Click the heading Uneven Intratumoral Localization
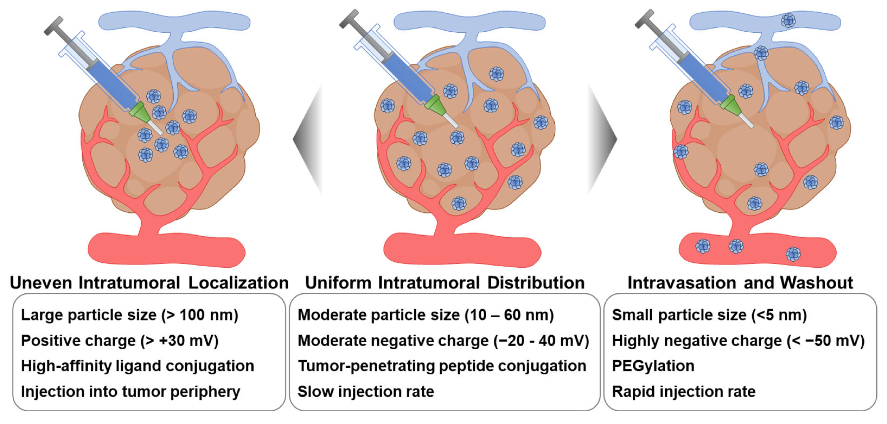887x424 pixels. click(149, 283)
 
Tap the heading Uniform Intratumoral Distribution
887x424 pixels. click(445, 283)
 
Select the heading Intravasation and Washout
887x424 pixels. click(740, 283)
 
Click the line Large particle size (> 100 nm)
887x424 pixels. click(129, 315)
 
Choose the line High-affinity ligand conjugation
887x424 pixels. click(138, 366)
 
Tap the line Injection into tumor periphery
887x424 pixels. click(131, 392)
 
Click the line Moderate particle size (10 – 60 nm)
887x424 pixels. click(425, 315)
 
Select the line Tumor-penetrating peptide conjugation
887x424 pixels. click(442, 366)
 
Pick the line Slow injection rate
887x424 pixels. click(366, 392)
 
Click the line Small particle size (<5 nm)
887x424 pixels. click(709, 315)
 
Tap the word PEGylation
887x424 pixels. click(653, 366)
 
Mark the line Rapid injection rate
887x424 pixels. click(683, 392)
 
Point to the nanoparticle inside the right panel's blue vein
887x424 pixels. click(788, 21)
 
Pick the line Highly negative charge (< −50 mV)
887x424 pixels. click(738, 341)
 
